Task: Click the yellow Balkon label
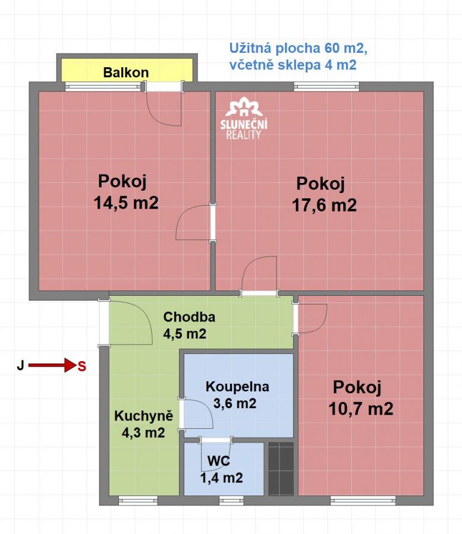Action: click(126, 72)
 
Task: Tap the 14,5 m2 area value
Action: click(126, 203)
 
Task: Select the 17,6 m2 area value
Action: click(324, 205)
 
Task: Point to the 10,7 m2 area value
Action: click(361, 408)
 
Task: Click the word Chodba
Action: click(189, 317)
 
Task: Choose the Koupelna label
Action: click(237, 387)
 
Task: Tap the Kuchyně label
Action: click(143, 416)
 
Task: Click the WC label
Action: click(219, 461)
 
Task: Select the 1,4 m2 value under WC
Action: click(222, 478)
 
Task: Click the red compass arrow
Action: click(52, 365)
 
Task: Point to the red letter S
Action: click(82, 366)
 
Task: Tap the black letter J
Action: click(20, 365)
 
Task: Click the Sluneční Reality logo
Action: click(243, 118)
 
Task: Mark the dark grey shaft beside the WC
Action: click(281, 469)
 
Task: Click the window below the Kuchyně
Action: click(138, 500)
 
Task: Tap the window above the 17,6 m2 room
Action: click(326, 87)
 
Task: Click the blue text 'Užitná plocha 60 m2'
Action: click(298, 48)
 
